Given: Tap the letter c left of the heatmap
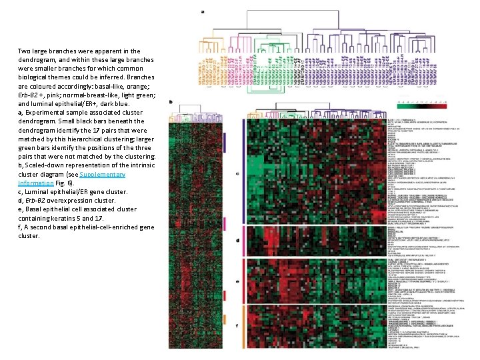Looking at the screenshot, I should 237,173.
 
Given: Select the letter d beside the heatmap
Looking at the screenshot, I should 237,241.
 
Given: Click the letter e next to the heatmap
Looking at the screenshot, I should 237,281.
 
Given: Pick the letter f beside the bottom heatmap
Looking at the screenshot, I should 237,326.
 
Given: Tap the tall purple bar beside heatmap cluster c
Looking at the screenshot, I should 245,173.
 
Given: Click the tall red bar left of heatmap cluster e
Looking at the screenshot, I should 245,281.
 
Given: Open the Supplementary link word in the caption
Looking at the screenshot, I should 102,174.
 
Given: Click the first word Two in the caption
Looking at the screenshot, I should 24,51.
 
